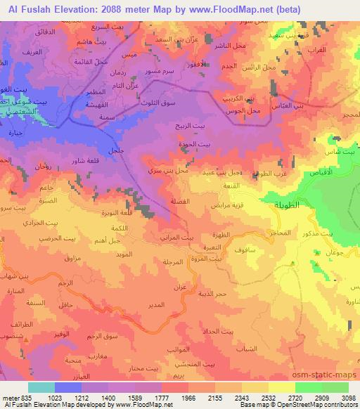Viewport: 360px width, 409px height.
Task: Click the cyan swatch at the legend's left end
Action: click(x=41, y=387)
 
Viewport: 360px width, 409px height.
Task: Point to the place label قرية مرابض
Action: click(x=229, y=208)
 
